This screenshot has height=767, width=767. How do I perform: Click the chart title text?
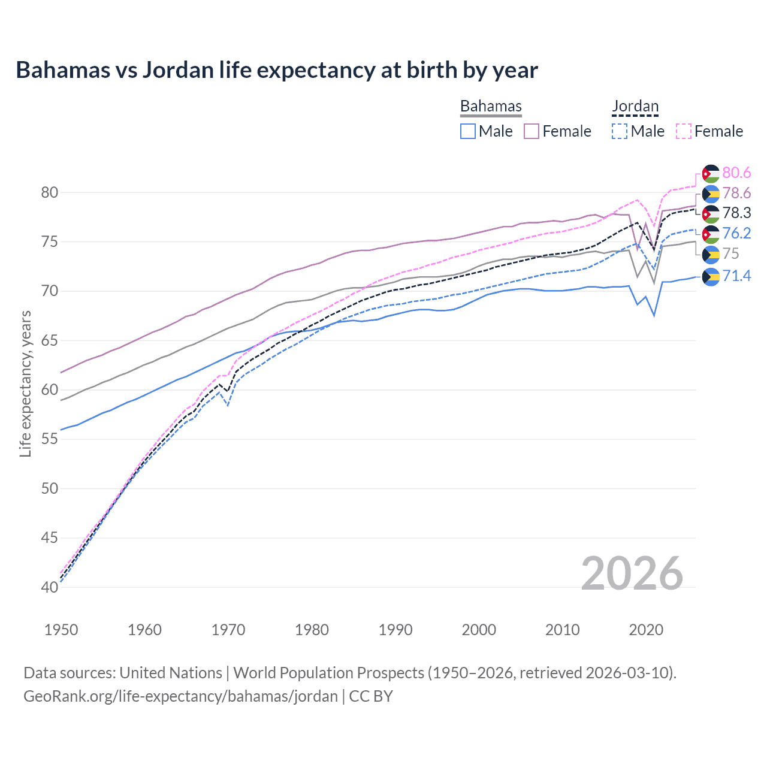coord(277,70)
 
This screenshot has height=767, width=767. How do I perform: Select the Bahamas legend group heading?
coord(491,107)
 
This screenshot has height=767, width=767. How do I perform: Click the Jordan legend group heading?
coord(635,107)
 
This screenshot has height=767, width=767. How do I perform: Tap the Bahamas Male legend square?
coord(468,131)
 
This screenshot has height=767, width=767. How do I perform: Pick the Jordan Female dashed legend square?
coord(684,131)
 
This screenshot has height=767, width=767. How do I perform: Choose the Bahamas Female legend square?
coord(532,131)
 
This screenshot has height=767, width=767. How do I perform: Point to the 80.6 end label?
coord(736,173)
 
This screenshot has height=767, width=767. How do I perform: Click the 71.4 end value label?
coord(736,276)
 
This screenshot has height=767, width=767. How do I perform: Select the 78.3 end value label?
coord(736,213)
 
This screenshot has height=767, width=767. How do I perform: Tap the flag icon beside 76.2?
coord(711,234)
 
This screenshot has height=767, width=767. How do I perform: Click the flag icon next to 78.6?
coord(711,194)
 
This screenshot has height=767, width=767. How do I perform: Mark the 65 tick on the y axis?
coord(50,340)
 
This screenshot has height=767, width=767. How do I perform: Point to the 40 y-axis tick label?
coord(50,587)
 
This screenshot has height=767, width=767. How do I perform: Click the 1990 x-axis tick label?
coord(395,630)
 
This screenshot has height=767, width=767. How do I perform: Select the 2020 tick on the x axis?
coord(646,630)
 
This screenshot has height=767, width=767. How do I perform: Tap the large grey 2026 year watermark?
coord(632,574)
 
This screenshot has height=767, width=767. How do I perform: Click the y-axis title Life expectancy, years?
coord(25,383)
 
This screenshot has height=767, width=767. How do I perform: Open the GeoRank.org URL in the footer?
coord(180,696)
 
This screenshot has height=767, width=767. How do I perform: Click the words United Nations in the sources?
coord(171,673)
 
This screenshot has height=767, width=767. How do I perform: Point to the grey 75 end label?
coord(730,254)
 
